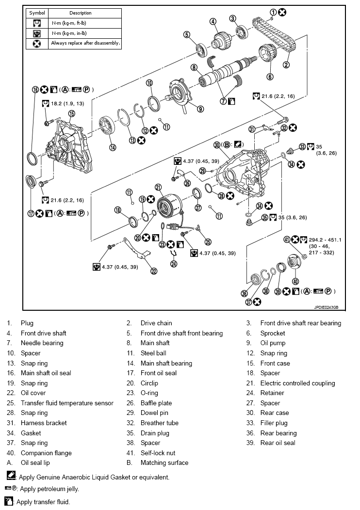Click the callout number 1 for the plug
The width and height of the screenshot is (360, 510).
tap(273, 12)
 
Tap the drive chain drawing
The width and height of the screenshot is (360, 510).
tap(278, 36)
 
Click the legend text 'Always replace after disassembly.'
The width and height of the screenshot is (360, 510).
tap(85, 43)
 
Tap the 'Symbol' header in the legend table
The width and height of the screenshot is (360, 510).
tap(37, 13)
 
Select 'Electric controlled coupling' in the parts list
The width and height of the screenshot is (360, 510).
tap(297, 383)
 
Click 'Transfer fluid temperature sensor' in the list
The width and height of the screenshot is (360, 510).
tap(67, 403)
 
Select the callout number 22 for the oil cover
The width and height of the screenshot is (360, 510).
tap(154, 271)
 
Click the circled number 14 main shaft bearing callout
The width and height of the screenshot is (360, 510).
tap(113, 148)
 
